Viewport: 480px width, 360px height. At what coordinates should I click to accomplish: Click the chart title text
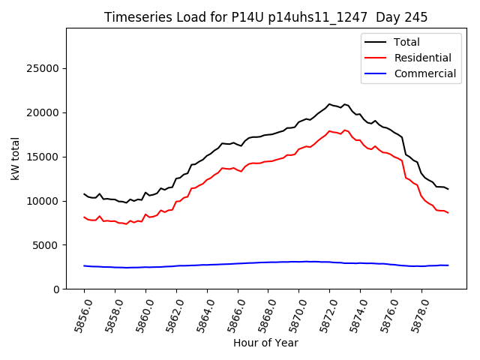(x=265, y=17)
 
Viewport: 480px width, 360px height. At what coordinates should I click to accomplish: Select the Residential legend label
(x=423, y=58)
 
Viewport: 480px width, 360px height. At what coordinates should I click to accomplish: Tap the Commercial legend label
(x=425, y=73)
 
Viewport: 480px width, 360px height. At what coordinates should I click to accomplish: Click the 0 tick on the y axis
(x=56, y=289)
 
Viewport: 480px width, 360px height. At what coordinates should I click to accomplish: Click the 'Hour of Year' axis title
(x=265, y=343)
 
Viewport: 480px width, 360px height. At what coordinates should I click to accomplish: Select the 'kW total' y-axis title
(x=16, y=158)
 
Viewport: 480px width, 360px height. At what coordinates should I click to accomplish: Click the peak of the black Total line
(x=329, y=104)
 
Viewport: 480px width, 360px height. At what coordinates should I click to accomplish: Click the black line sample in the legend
(x=375, y=42)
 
